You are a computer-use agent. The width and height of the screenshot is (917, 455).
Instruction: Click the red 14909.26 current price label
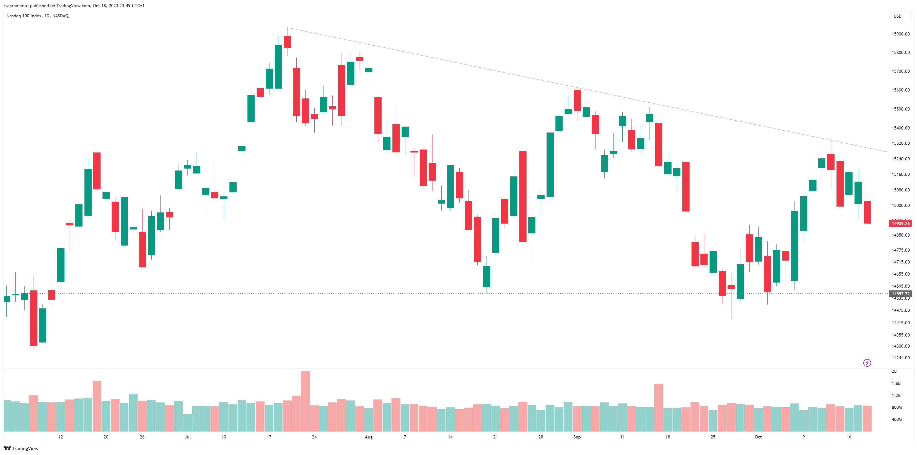[900, 223]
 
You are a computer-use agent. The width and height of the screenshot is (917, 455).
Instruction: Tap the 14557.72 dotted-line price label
[900, 294]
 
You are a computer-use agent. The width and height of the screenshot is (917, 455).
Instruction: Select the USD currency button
[897, 16]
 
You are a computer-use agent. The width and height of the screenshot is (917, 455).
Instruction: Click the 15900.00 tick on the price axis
[900, 34]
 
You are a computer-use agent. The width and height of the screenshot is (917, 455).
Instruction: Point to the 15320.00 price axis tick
[900, 143]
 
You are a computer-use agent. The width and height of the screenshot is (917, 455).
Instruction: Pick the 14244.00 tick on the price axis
[900, 358]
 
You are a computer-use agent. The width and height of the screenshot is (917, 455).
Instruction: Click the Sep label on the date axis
[577, 437]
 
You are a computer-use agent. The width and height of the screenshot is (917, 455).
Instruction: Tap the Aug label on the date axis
[368, 437]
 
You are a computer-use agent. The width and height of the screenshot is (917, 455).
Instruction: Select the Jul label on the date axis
[187, 437]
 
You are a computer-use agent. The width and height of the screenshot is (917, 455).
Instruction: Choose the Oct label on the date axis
[758, 437]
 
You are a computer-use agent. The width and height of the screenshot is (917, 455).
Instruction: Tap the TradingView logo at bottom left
[21, 449]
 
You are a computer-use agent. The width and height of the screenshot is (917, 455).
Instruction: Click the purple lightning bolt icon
[867, 363]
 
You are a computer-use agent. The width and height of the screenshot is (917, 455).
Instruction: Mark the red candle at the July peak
[287, 42]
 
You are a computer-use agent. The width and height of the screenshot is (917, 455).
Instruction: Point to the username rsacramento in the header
[16, 6]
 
